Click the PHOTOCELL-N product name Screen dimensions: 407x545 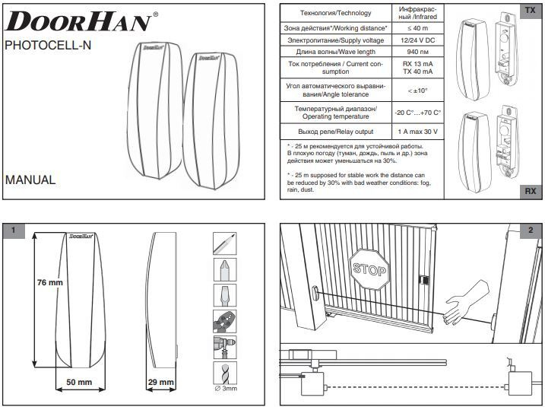[x=48, y=45]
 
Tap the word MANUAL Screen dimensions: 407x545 [x=30, y=180]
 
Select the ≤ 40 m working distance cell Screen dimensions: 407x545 [x=417, y=28]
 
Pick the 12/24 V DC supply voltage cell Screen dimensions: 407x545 [x=417, y=40]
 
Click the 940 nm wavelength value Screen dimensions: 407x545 [x=417, y=52]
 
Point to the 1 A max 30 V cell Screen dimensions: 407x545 [x=417, y=132]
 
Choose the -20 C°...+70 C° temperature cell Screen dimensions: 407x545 [x=417, y=113]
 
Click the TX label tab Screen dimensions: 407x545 [x=529, y=10]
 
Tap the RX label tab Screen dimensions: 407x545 [x=529, y=192]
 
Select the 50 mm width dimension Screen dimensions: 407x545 [x=74, y=381]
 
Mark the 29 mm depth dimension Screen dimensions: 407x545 [x=160, y=381]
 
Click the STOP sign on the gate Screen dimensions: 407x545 [x=369, y=269]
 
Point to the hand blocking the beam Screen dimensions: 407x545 [x=460, y=304]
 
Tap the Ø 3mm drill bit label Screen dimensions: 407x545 [x=227, y=389]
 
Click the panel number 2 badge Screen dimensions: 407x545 [x=530, y=231]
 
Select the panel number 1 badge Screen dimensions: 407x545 [x=14, y=231]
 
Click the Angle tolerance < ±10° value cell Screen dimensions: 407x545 [x=417, y=91]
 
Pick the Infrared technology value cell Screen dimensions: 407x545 [x=417, y=12]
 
